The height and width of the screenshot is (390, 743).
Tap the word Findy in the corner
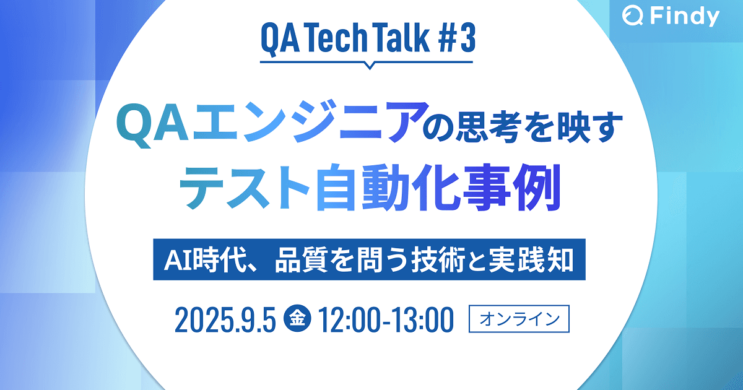coord(685,17)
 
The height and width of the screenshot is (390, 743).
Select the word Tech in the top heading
coord(335,40)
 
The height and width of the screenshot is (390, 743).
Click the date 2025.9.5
coord(225,320)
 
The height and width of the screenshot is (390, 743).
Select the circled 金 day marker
coord(297,319)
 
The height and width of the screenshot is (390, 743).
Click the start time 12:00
coord(347,320)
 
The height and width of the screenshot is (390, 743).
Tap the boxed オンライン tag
coord(519,319)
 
